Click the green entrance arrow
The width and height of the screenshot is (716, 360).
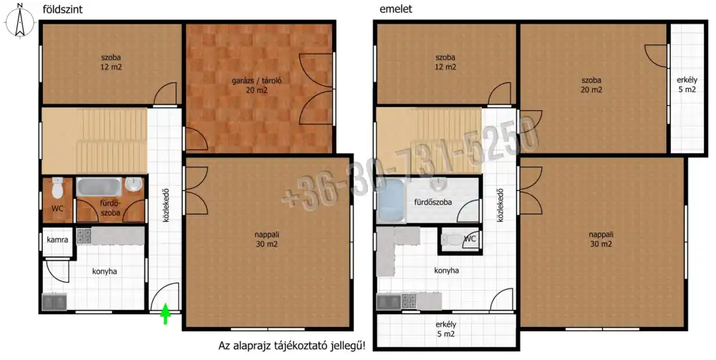point(165,314)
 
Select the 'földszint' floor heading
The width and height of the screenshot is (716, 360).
point(62,9)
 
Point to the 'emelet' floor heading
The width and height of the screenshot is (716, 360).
point(396,9)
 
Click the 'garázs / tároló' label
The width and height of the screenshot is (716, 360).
point(256,85)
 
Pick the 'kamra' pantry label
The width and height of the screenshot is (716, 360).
point(57,240)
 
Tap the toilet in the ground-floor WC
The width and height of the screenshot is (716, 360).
point(57,188)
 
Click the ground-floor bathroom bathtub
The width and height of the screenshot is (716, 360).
point(99,187)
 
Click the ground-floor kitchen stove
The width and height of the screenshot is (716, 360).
point(84,236)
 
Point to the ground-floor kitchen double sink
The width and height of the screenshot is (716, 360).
point(54,302)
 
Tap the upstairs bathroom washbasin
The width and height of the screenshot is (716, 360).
point(438,183)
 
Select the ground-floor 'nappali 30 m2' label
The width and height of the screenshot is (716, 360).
point(267,239)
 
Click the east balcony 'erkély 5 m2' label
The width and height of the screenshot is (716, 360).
point(687,84)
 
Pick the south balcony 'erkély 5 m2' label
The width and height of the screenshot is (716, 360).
point(446,329)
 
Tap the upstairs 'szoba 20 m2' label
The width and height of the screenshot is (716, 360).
point(591,85)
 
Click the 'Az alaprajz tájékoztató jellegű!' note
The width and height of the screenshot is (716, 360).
point(292,346)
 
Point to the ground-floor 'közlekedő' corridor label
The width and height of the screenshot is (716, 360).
point(166,205)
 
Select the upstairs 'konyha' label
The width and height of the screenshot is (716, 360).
point(447,271)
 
